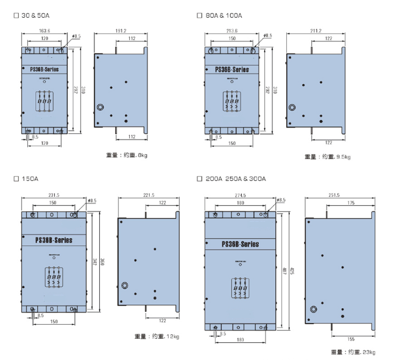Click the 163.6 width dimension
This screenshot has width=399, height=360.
click(44, 30)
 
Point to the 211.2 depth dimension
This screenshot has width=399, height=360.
click(315, 30)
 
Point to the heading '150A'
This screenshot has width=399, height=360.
click(29, 179)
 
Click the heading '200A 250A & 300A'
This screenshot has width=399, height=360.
click(235, 179)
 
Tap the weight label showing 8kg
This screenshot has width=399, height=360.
click(127, 155)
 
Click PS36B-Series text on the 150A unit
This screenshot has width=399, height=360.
click(55, 241)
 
